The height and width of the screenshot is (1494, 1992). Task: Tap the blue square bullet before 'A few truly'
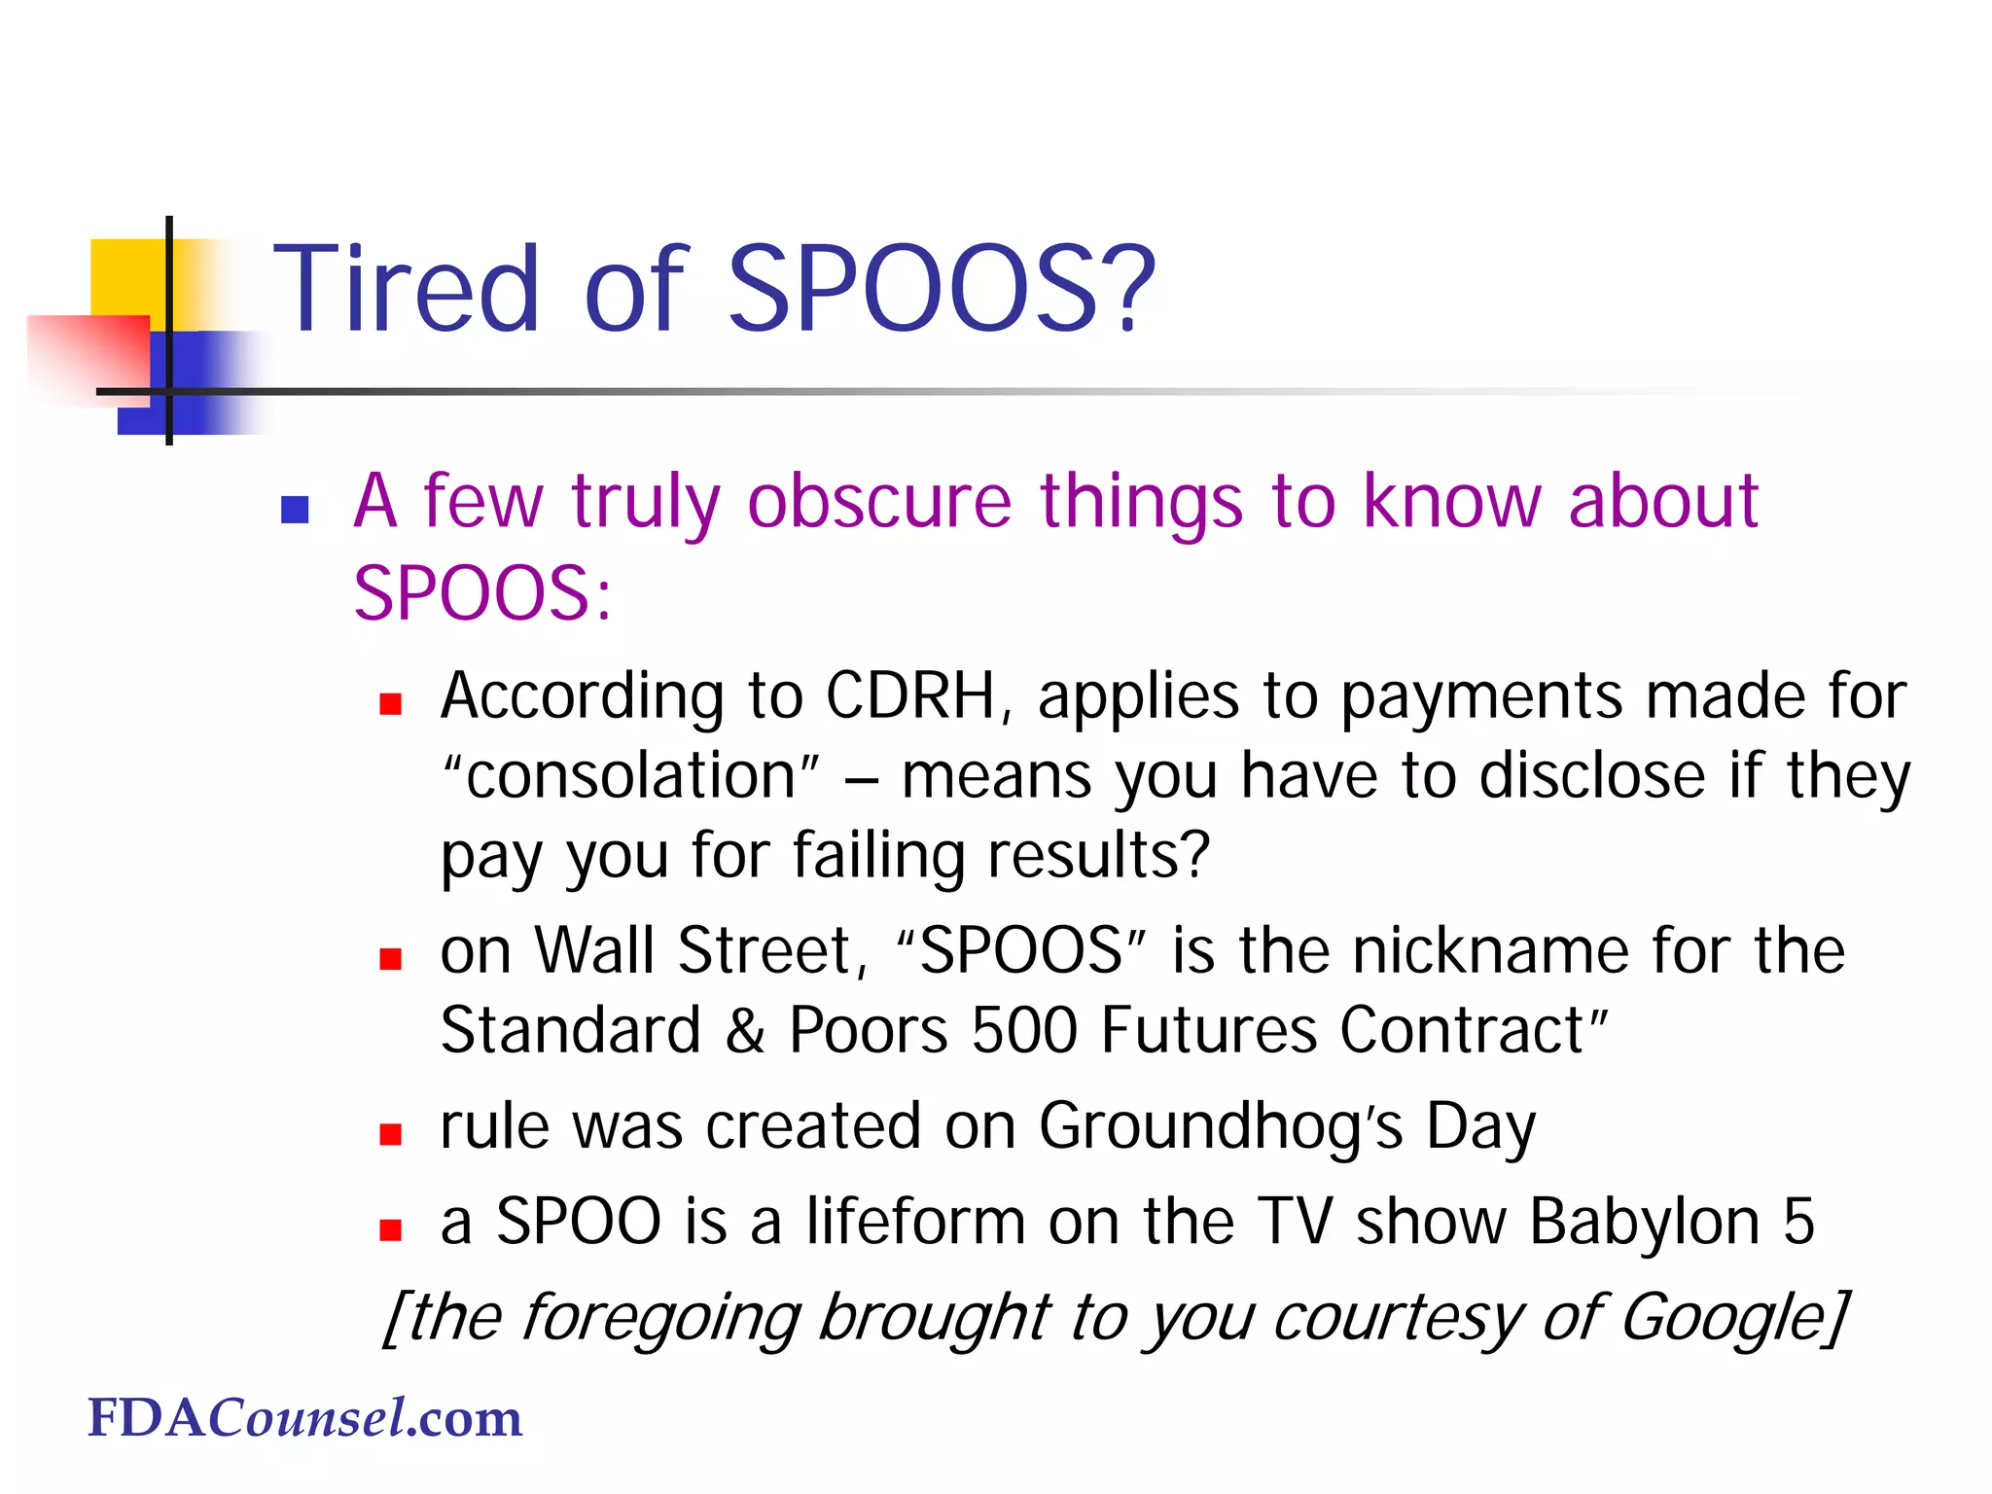(x=295, y=510)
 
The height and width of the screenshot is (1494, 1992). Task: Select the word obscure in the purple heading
(x=879, y=502)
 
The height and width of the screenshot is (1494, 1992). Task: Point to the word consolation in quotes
(x=631, y=776)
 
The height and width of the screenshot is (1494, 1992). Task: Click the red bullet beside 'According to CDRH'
(x=391, y=704)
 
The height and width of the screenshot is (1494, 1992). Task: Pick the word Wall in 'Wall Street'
(x=595, y=950)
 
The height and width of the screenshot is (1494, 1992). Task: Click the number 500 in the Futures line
(x=1024, y=1030)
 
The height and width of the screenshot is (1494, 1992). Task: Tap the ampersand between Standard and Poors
(x=744, y=1031)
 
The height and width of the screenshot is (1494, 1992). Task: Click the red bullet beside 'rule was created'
(x=391, y=1134)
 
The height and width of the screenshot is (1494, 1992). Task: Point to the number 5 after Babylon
(x=1798, y=1222)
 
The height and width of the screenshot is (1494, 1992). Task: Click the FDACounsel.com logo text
(x=304, y=1418)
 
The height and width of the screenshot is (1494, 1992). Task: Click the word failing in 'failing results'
(x=876, y=857)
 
